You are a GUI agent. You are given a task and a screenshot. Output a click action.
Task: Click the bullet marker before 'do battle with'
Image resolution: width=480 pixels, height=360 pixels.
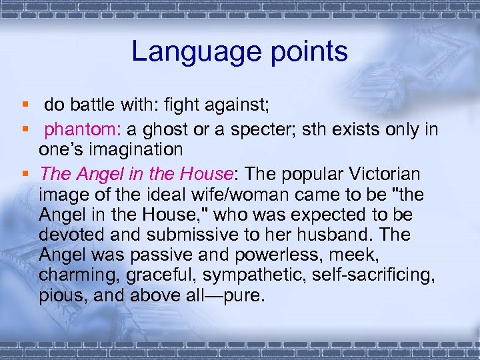pyautogui.click(x=25, y=105)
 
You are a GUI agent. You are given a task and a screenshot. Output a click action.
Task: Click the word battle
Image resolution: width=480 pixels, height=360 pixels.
pyautogui.click(x=96, y=105)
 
